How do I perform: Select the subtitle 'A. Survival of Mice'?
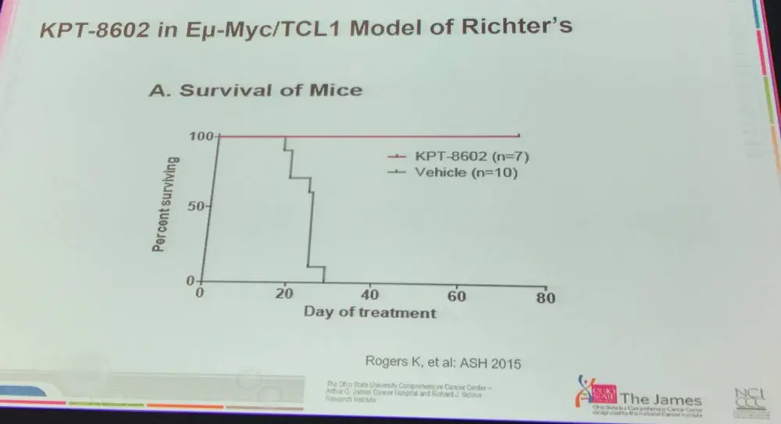(x=256, y=90)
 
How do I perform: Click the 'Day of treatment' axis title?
(x=369, y=312)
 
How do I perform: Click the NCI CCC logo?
(x=747, y=400)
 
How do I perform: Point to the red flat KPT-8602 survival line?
(x=390, y=136)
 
